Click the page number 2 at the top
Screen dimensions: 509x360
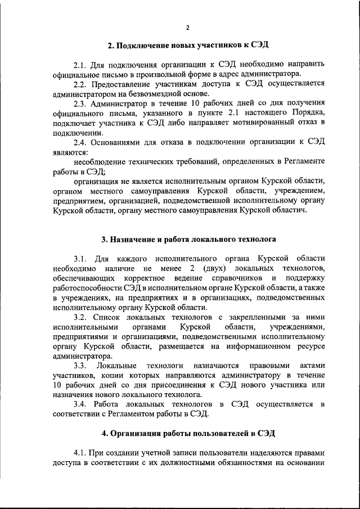click(188, 28)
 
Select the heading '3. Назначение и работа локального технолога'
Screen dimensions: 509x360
click(188, 239)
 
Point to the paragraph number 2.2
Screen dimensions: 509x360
click(83, 83)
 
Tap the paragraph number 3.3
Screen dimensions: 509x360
click(83, 366)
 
